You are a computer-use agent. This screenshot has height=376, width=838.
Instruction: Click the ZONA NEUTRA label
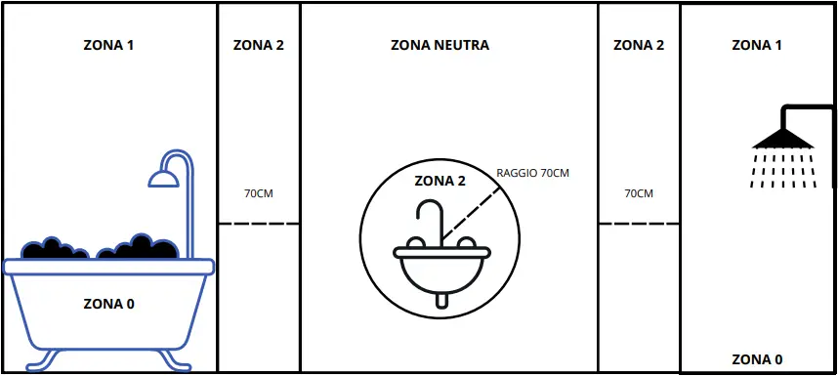pos(440,45)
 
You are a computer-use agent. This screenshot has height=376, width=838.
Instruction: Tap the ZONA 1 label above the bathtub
pos(108,45)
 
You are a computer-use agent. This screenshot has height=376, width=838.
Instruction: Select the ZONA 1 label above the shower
pos(757,45)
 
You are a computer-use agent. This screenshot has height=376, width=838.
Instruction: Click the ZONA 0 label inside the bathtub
pos(108,304)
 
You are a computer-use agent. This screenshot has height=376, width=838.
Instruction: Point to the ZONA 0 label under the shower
pos(757,358)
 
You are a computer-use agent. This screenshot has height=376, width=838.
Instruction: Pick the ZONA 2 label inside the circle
pos(440,180)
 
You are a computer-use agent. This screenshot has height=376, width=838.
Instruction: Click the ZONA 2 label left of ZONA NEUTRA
pos(259,45)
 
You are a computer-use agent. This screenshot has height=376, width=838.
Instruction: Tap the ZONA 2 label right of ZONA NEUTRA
pos(639,45)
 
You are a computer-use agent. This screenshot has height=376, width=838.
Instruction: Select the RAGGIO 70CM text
pos(532,173)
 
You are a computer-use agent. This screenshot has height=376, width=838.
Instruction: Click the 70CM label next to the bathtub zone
pos(259,193)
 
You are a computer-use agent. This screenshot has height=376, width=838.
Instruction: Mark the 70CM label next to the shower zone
pos(639,193)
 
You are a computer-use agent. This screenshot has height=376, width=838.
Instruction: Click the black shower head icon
pos(782,139)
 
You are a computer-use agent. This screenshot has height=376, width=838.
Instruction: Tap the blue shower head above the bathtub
pos(162,177)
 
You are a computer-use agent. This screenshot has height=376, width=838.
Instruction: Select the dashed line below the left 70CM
pos(259,224)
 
